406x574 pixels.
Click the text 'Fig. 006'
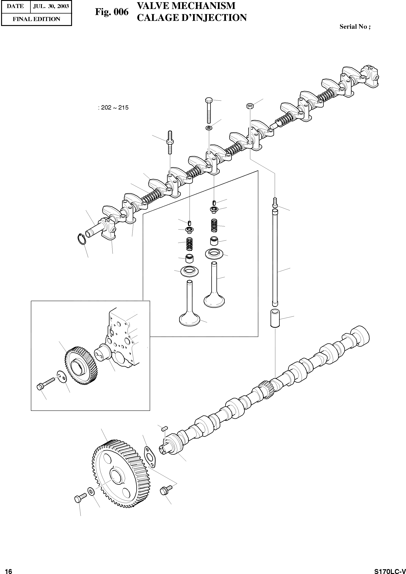tap(112, 12)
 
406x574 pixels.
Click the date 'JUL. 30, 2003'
tap(51, 6)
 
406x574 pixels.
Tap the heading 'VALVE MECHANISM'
tap(186, 6)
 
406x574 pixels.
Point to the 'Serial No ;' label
tap(355, 27)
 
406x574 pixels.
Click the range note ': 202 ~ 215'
tap(113, 108)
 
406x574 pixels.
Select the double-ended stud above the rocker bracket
tap(169, 144)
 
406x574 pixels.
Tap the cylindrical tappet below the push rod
tap(275, 318)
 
